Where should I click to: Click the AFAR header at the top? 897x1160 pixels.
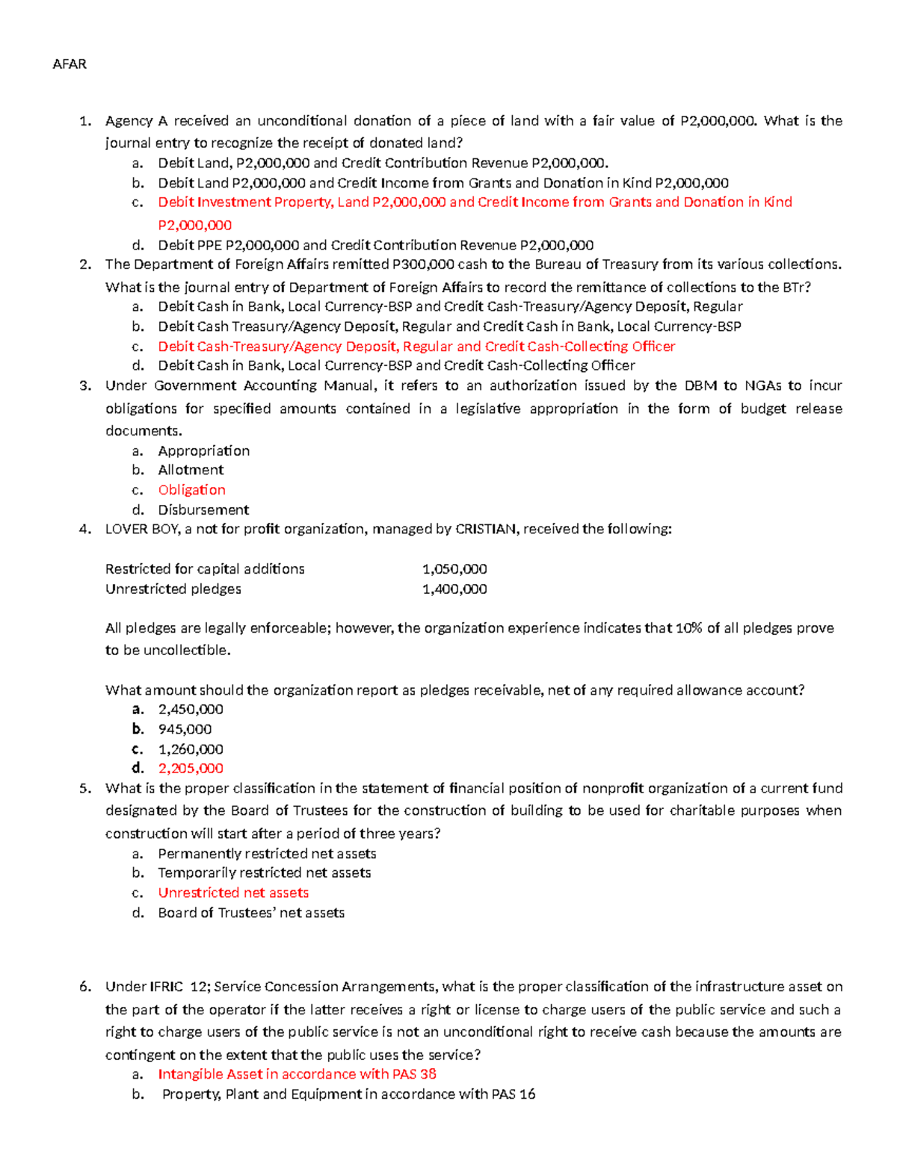point(70,64)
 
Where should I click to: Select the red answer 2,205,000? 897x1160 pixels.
point(191,768)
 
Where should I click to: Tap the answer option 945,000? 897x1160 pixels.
point(185,729)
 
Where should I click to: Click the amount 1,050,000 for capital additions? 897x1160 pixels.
point(454,569)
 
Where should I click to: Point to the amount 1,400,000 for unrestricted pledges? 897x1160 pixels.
point(454,589)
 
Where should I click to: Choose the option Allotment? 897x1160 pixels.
point(191,470)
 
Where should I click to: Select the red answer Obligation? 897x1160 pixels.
point(191,490)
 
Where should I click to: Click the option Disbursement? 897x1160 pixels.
point(203,510)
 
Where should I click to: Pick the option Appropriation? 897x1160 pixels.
point(203,450)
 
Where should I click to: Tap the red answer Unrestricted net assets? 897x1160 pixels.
point(233,893)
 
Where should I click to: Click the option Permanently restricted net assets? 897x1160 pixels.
point(267,853)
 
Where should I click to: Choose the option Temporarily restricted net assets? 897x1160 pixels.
point(264,872)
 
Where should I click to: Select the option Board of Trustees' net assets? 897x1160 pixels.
point(251,913)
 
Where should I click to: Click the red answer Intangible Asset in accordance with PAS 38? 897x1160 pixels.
point(297,1074)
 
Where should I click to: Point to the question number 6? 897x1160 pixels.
point(84,987)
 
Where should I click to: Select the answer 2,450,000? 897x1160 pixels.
point(191,710)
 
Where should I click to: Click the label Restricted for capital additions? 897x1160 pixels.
point(205,569)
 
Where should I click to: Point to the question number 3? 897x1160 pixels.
point(84,386)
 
